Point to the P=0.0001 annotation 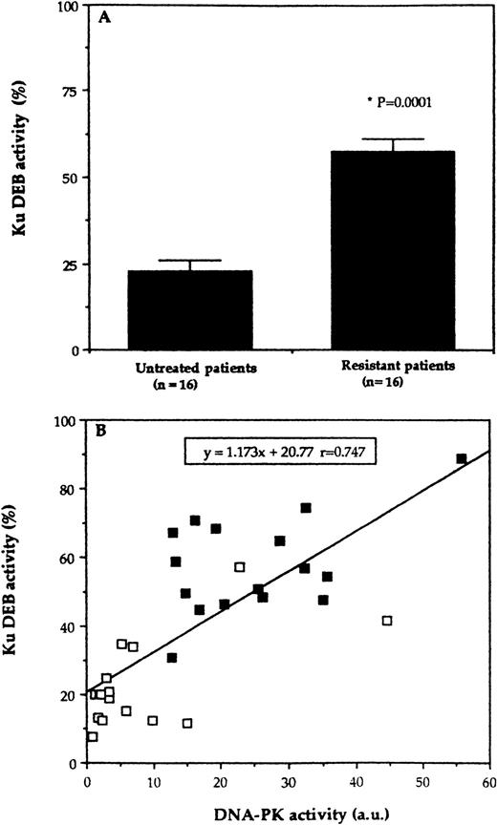click(375, 102)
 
